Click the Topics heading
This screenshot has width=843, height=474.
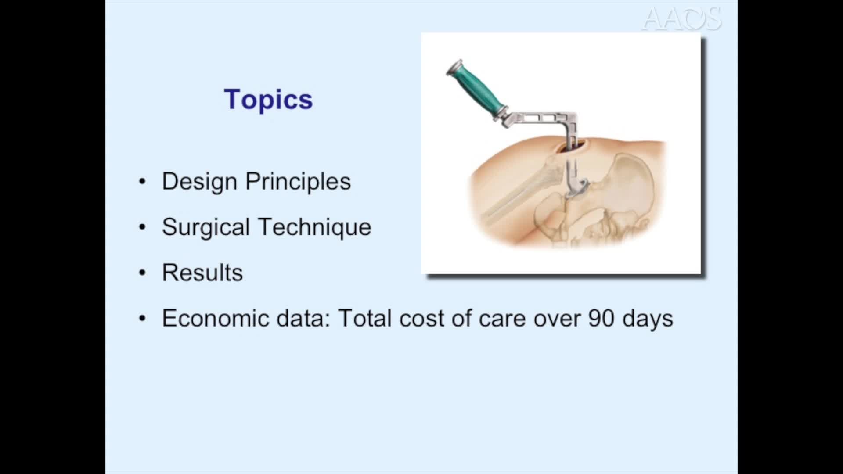point(268,99)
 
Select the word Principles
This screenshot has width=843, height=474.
point(298,181)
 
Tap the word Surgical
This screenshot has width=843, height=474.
point(205,227)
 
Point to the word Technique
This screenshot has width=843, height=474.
point(314,227)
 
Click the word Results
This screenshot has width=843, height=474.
point(202,273)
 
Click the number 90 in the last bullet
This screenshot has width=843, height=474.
point(601,318)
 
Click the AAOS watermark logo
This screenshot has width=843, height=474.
point(681,19)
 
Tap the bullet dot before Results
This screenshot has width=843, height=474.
point(142,273)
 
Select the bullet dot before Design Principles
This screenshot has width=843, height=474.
point(142,182)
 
